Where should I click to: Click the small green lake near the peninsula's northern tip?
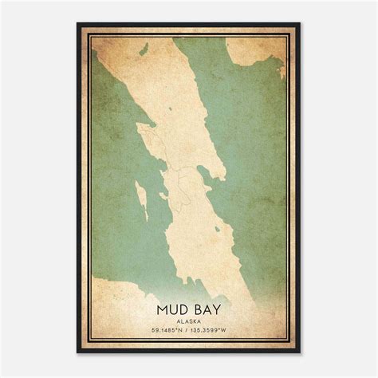point(143,49)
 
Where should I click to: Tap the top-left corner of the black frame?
point(78,24)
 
